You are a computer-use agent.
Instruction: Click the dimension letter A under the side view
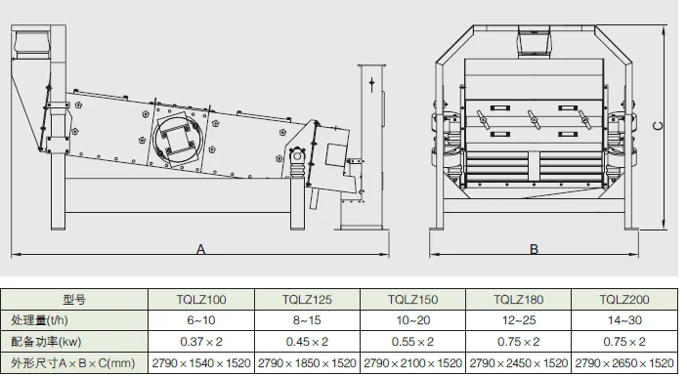pos(200,249)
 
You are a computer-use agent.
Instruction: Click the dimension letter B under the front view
pos(534,249)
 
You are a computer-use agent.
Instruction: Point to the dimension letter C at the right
pos(658,126)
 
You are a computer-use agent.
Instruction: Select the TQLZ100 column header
pos(201,300)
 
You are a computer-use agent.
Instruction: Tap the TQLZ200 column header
pos(624,300)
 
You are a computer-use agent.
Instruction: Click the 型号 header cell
pos(74,300)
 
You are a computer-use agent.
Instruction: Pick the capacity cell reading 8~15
pos(307,320)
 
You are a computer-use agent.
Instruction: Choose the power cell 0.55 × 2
pos(412,342)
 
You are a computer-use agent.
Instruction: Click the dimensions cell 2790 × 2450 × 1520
pos(518,363)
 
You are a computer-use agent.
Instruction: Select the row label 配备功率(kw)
pos(47,342)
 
